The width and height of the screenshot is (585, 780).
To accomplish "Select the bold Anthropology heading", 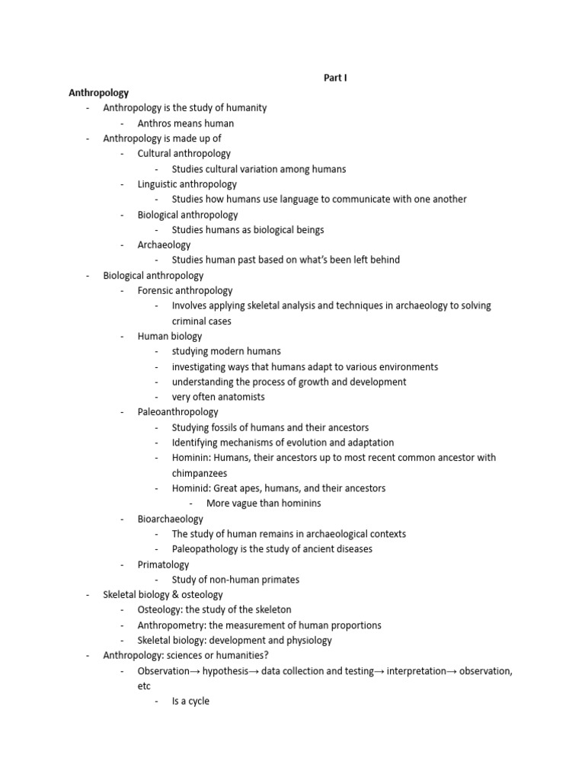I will tap(99, 92).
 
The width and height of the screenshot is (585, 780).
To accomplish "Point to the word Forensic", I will tap(157, 290).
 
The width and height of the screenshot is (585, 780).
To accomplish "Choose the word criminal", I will tap(190, 321).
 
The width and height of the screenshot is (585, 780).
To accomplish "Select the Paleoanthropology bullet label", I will tap(177, 412).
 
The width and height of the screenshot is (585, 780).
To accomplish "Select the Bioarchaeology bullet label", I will tap(171, 519).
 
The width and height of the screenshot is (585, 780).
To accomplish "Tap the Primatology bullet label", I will tap(163, 564).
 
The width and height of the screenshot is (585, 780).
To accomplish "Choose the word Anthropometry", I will tap(172, 625).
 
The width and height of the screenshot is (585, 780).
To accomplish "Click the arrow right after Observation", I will tap(194, 671).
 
